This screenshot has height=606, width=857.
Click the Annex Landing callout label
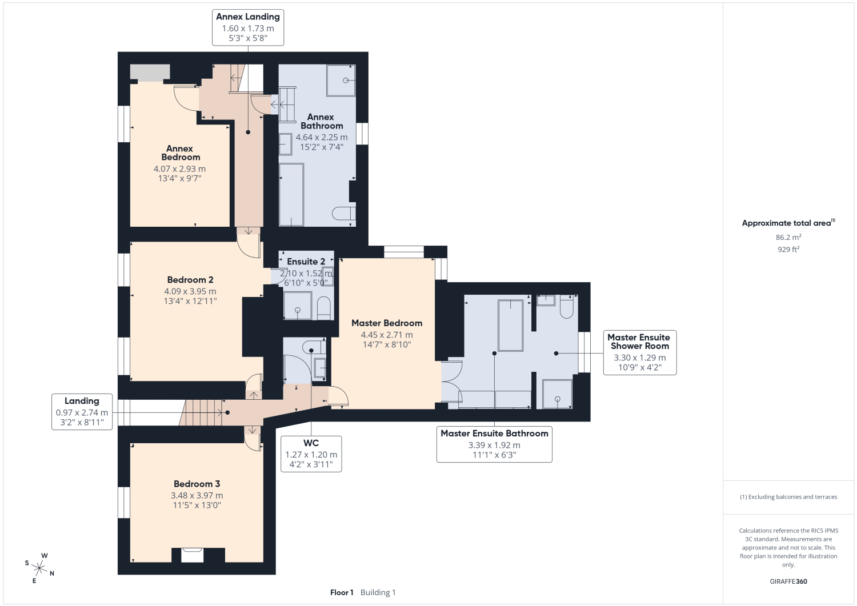[248, 27]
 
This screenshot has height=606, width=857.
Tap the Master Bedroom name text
[387, 323]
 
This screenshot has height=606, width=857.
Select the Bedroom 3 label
[197, 484]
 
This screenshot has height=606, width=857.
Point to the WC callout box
[311, 454]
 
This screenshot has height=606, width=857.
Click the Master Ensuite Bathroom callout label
[494, 444]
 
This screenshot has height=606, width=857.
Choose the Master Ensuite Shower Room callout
[640, 352]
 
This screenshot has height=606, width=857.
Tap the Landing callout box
[82, 412]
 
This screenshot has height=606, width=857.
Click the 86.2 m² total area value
[788, 237]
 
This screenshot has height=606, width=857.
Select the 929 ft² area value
[788, 249]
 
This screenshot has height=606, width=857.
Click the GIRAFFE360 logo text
[788, 581]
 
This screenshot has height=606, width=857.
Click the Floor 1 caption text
[342, 592]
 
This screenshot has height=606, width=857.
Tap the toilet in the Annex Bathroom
[343, 214]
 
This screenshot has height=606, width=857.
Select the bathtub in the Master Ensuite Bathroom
[510, 326]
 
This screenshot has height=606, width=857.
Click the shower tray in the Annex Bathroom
[341, 80]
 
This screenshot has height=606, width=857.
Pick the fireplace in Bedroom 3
[192, 555]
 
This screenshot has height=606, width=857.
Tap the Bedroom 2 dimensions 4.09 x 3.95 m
[190, 291]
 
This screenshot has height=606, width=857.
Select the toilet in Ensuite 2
[324, 308]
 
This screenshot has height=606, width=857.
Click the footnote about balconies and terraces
[788, 496]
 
